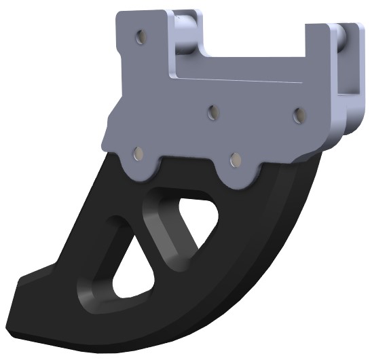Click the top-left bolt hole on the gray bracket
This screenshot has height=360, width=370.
140,37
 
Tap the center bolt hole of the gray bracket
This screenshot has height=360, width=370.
213,111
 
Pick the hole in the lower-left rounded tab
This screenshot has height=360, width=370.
138,154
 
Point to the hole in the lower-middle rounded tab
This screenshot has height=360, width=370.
236,159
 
